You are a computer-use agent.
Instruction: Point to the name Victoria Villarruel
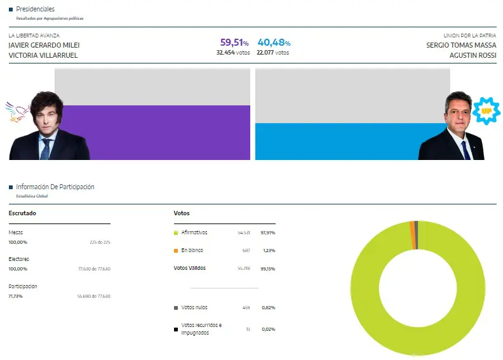tap(44, 55)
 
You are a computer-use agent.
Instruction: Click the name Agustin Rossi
tap(473, 55)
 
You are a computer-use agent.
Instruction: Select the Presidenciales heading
tap(35, 9)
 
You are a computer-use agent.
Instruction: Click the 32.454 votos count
tap(233, 53)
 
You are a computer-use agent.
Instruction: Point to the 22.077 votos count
tap(273, 53)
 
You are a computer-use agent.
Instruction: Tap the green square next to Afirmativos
tap(176, 233)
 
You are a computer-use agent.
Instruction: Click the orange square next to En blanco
tap(176, 251)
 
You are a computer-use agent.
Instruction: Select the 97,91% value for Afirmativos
tap(267, 233)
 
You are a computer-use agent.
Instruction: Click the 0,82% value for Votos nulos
tap(267, 307)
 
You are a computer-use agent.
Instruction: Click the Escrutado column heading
tap(22, 213)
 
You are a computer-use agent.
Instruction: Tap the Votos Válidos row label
tap(190, 268)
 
